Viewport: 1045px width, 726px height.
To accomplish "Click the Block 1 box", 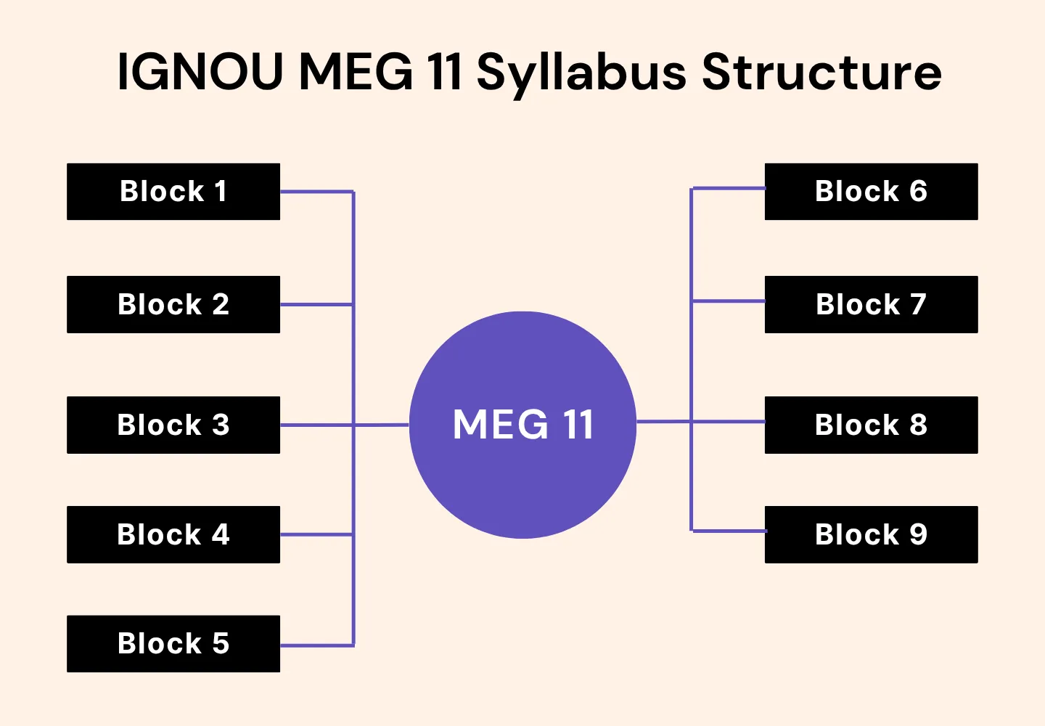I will [x=173, y=192].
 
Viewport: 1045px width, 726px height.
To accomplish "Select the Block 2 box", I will [x=173, y=304].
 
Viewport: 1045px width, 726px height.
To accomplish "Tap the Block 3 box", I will [x=173, y=425].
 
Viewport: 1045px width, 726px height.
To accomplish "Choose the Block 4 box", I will [x=173, y=534].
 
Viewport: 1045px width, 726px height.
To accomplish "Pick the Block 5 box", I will [x=173, y=643].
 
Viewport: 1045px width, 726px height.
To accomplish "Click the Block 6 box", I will [x=871, y=192].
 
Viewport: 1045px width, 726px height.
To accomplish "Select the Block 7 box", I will [x=871, y=304].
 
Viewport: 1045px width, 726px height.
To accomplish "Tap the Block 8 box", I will [x=871, y=425].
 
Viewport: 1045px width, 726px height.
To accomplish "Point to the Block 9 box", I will [x=871, y=534].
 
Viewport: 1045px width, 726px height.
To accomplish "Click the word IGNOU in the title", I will [x=200, y=73].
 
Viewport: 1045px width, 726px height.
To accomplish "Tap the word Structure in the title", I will [x=821, y=73].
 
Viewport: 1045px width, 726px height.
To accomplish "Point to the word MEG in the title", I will [x=356, y=73].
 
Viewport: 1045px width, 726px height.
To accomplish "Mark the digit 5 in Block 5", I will [x=221, y=643].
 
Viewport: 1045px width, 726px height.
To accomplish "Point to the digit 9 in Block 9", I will [x=918, y=534].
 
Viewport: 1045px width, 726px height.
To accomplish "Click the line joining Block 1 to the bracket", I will [x=316, y=192].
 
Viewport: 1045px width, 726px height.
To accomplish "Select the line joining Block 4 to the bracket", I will [x=316, y=534].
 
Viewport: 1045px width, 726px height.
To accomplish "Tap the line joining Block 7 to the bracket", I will [x=728, y=301].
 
